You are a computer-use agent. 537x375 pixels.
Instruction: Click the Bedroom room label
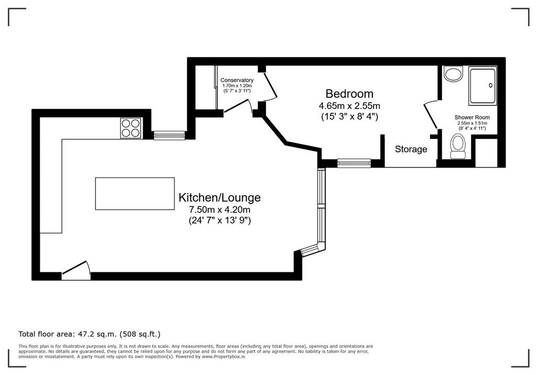[x=349, y=93]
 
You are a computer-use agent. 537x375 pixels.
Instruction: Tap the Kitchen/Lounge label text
[x=220, y=197]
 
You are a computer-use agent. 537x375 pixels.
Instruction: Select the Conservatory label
[x=237, y=81]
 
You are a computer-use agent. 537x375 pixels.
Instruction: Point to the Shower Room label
[x=472, y=117]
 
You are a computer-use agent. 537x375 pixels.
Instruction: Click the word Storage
[x=411, y=149]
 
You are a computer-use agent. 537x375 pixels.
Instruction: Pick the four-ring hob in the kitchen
[x=131, y=128]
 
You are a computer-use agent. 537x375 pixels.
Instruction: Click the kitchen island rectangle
[x=135, y=193]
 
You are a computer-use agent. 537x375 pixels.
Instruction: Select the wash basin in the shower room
[x=453, y=73]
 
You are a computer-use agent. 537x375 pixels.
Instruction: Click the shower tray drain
[x=491, y=85]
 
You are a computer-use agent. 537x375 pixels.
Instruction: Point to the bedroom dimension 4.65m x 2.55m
[x=349, y=106]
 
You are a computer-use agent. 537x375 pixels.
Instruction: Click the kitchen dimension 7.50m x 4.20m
[x=220, y=209]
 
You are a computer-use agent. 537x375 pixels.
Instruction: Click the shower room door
[x=431, y=114]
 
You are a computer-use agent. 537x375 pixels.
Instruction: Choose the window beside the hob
[x=169, y=136]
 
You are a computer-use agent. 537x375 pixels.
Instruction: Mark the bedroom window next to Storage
[x=354, y=163]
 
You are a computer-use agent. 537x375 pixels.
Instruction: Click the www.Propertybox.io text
[x=223, y=357]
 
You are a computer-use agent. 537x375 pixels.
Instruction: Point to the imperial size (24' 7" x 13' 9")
[x=220, y=220]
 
